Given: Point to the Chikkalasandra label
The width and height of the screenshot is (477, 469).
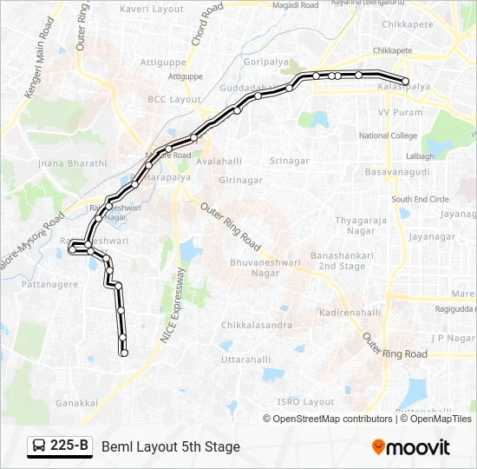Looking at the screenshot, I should tap(256, 325).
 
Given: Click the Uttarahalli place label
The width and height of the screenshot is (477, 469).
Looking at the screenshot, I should tap(246, 359).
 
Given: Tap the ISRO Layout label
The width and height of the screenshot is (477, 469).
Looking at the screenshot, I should tap(305, 401).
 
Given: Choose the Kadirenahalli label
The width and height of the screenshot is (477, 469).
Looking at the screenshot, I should tap(350, 312).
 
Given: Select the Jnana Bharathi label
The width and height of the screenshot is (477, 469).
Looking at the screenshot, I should tap(73, 163).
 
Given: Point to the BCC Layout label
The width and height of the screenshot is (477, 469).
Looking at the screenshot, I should tap(174, 100).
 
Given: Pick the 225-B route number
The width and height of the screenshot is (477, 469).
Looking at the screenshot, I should tap(69, 446).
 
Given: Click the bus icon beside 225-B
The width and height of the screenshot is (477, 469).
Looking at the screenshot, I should tap(40, 446).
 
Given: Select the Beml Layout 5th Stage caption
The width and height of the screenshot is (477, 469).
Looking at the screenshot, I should tap(171, 446).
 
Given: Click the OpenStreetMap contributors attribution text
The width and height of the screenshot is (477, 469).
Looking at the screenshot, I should tap(331, 419).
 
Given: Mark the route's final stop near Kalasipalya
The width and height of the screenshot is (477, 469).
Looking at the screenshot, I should tap(405, 81).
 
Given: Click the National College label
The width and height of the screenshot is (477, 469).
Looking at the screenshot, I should tap(388, 135).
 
